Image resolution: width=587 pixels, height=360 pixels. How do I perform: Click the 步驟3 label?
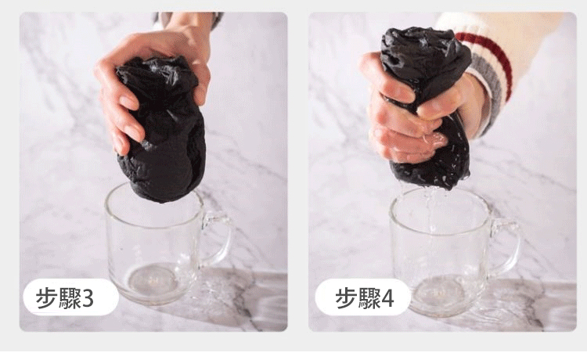click(x=65, y=298)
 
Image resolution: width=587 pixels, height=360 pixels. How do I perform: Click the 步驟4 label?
click(x=364, y=298)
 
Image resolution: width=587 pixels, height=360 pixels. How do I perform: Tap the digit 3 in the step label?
click(x=87, y=299)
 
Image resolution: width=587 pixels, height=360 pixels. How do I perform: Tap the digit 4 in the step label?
click(x=387, y=299)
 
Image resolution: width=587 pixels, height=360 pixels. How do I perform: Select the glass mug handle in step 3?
click(x=219, y=239)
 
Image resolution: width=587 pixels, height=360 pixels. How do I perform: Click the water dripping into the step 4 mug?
click(x=430, y=210)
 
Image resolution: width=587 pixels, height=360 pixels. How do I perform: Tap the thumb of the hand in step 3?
click(x=201, y=82)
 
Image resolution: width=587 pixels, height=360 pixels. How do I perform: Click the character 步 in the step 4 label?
click(x=346, y=298)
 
